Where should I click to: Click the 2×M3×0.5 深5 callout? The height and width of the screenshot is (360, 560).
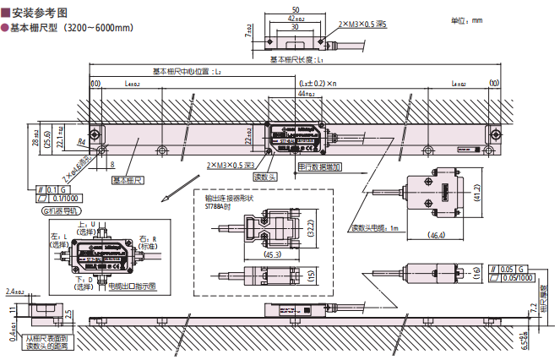360,25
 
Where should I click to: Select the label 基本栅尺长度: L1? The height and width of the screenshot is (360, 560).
299,60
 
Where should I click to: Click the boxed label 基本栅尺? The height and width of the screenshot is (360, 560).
128,180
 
